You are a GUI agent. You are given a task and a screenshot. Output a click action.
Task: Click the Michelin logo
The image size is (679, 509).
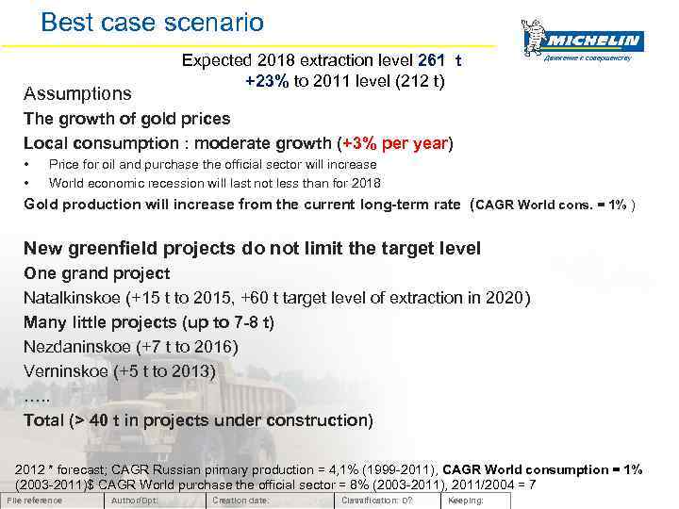point(582,41)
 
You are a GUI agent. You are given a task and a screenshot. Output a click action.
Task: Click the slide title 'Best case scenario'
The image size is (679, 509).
point(153,21)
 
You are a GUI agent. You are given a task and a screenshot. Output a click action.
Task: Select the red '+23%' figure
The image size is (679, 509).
point(267,80)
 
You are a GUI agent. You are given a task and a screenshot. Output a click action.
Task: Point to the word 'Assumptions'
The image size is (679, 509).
point(77,94)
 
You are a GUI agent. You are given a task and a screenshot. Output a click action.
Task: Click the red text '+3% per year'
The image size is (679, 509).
point(395,143)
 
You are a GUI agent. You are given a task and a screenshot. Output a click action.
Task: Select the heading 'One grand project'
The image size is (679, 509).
point(96,273)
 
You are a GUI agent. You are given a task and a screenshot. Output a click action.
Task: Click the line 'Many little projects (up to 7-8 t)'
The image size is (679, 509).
point(149,322)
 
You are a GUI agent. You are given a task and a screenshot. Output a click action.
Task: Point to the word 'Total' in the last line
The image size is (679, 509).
point(46,420)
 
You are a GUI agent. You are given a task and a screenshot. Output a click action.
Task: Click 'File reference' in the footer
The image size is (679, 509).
point(34,501)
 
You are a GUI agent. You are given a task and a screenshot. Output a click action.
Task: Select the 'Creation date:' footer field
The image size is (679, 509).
point(240,501)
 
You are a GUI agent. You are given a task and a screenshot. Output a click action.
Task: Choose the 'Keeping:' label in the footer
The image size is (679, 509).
point(466,501)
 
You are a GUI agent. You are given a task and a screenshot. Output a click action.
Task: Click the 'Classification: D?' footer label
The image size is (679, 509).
point(376,501)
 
